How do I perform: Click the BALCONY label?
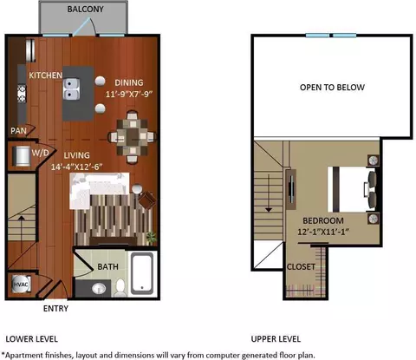[85, 9]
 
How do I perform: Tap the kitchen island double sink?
[71, 89]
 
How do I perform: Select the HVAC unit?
[21, 284]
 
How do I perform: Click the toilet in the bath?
[120, 287]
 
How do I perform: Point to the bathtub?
[142, 273]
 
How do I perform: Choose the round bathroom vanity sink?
[99, 288]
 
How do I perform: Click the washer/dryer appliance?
[22, 156]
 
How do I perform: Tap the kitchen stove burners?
[22, 94]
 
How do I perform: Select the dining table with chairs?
[133, 136]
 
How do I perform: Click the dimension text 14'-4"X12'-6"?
[76, 167]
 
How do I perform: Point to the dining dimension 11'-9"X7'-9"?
[129, 94]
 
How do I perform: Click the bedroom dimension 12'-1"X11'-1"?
[323, 232]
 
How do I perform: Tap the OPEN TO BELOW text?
[332, 88]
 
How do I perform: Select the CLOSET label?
[301, 266]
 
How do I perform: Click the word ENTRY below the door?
[55, 309]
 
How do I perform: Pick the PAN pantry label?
[18, 131]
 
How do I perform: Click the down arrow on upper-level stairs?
[269, 193]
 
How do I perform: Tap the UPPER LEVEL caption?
[276, 339]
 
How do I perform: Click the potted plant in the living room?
[151, 238]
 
